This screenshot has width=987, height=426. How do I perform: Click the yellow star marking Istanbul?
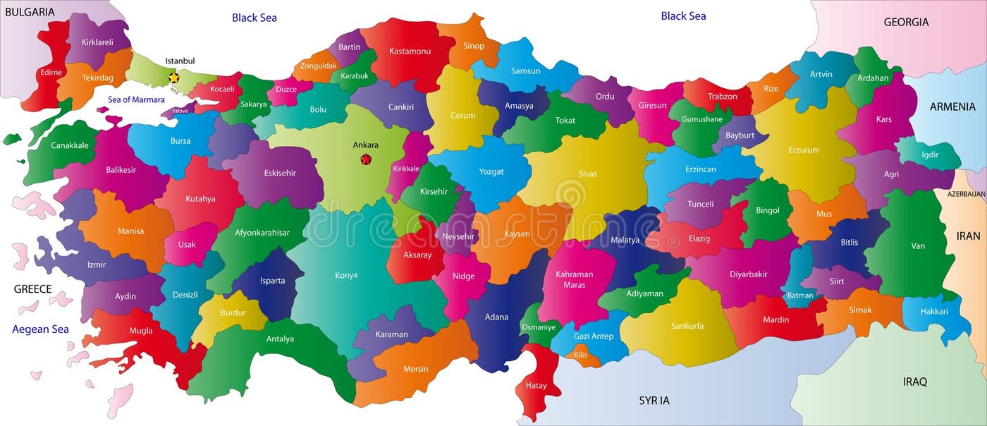pos(173,77)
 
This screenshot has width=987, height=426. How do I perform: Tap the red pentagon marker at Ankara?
pos(366,159)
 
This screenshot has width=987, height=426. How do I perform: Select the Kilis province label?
pos(580,355)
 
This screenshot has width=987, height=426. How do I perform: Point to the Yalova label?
pos(180,111)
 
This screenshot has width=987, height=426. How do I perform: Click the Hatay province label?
pos(536,385)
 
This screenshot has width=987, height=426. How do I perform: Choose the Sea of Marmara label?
pos(136,99)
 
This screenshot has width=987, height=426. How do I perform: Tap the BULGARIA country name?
pos(30,11)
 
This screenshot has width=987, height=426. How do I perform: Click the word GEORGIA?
pos(906,22)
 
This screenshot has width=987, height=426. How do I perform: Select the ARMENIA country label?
pos(952,107)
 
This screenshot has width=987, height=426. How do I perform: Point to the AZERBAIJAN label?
pos(966,193)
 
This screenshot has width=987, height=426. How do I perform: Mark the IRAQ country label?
pos(915,382)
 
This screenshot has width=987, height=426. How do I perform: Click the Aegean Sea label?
pos(40,329)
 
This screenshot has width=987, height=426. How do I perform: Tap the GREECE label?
pos(33,288)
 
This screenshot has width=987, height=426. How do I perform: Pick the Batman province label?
pos(800,296)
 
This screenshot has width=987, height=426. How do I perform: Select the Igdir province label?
pos(930,154)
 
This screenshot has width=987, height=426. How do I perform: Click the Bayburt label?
pos(740,135)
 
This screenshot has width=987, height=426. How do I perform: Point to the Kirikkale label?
pos(406,169)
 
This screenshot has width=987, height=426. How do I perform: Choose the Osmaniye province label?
pos(538,327)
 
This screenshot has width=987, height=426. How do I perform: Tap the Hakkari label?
pos(934,311)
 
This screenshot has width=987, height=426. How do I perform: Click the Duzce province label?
pos(286,90)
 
